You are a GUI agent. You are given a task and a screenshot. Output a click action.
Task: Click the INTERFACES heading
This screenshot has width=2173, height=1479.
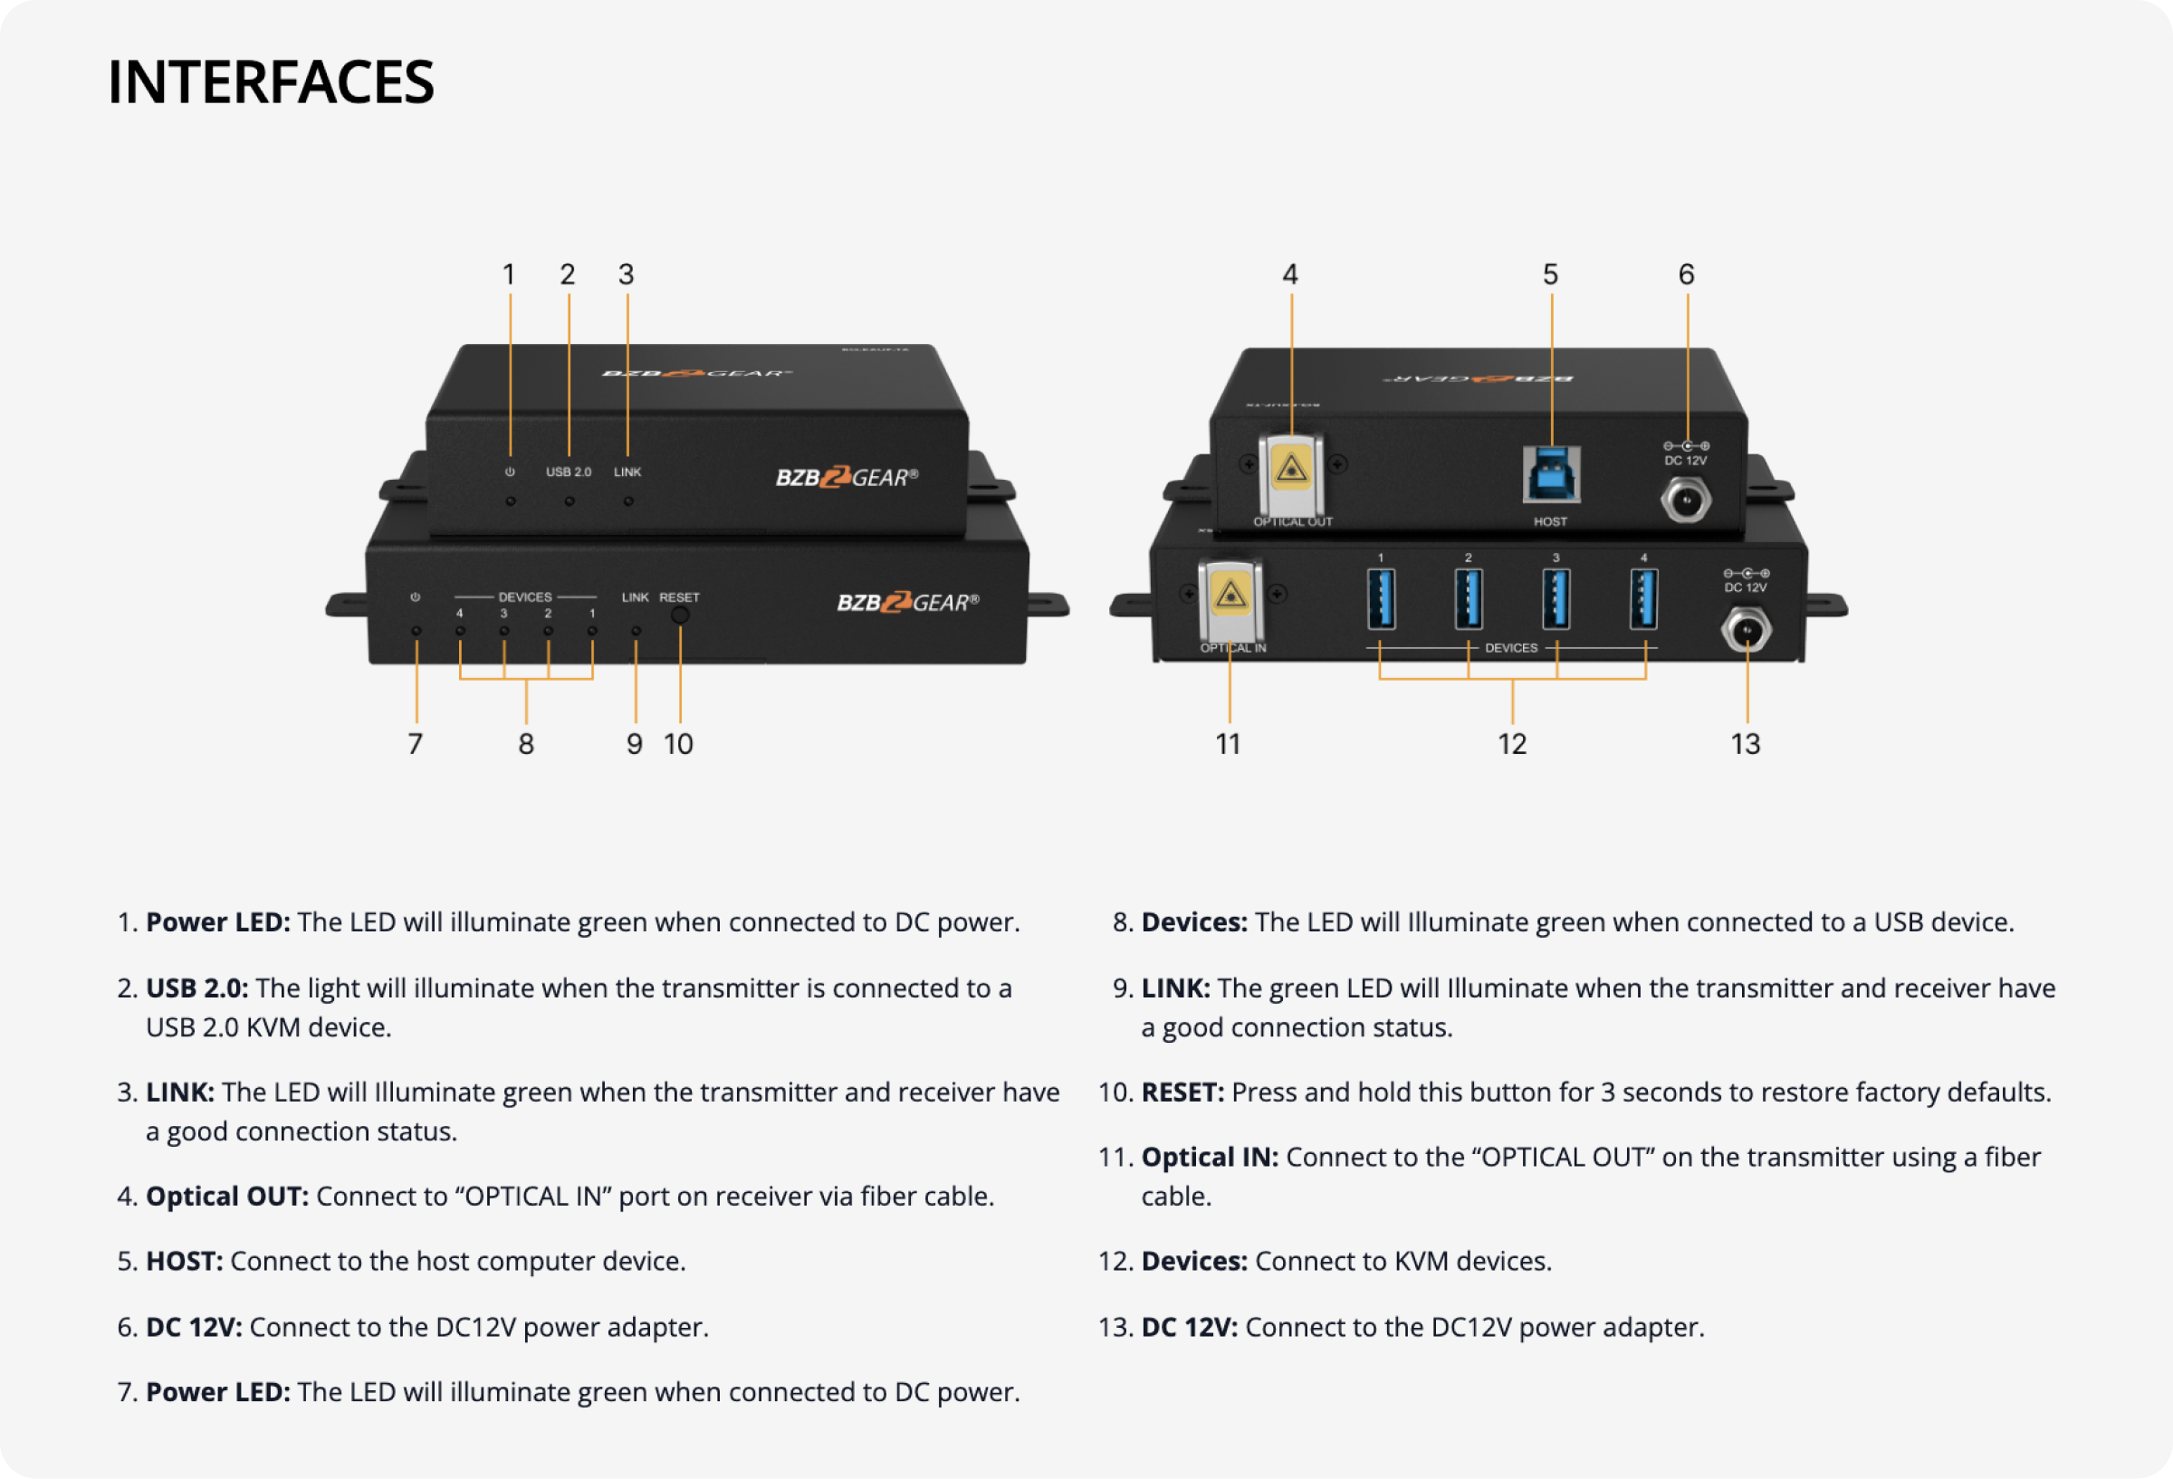270,82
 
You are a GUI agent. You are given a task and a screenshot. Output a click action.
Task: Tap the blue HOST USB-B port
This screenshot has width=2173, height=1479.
1551,475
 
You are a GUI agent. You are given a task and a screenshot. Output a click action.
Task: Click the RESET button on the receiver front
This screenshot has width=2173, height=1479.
680,615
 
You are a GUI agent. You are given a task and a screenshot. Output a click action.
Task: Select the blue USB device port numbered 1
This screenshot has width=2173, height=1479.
1381,599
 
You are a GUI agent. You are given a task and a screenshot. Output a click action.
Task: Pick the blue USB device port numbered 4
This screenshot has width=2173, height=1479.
1643,599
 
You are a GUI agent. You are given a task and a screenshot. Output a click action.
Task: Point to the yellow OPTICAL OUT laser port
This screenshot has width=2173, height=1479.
1291,471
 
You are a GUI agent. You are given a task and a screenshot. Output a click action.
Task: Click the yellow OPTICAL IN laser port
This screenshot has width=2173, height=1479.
1230,596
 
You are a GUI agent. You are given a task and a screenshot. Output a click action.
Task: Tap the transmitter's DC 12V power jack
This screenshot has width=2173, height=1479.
1686,501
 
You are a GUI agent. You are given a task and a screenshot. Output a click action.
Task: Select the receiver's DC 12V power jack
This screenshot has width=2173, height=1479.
1746,631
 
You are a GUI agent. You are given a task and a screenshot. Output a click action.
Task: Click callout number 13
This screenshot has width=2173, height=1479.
1745,744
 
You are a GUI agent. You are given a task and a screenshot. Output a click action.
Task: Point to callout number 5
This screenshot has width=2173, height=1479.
1550,275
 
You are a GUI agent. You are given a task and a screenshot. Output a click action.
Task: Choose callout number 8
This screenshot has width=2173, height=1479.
526,744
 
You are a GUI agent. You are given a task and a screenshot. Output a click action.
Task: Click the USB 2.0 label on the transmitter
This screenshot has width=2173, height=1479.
569,472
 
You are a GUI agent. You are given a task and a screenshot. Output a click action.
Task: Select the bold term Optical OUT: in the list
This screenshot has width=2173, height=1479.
227,1197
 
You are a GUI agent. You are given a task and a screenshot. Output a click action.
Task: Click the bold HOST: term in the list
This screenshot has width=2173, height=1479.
184,1261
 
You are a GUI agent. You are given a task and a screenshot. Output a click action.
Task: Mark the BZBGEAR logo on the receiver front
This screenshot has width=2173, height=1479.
907,603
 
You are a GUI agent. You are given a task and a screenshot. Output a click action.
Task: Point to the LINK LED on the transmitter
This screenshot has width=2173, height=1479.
628,501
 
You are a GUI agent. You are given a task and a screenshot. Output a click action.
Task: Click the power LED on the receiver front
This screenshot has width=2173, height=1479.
416,631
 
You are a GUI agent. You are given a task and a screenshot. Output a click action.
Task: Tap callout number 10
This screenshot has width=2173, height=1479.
678,744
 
